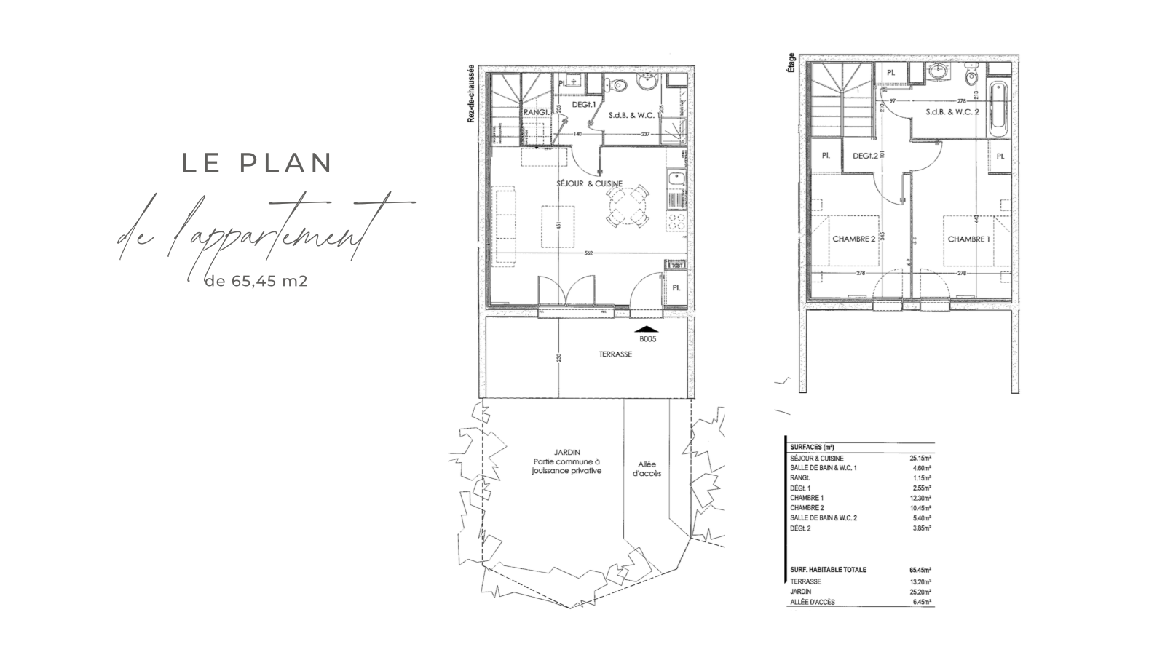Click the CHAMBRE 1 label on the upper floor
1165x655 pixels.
[968, 239]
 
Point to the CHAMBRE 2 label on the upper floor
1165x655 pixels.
[853, 239]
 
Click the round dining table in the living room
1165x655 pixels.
[628, 207]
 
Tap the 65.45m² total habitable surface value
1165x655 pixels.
[920, 570]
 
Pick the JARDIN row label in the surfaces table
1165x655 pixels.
[801, 592]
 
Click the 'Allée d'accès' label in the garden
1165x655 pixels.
[646, 469]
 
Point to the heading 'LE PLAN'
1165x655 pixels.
[257, 163]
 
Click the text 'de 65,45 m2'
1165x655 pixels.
[256, 280]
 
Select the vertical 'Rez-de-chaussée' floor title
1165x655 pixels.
[472, 92]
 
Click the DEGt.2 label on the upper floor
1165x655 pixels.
[864, 156]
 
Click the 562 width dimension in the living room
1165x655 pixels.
[588, 253]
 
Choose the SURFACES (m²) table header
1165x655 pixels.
[812, 447]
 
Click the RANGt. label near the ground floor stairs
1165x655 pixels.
[537, 113]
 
